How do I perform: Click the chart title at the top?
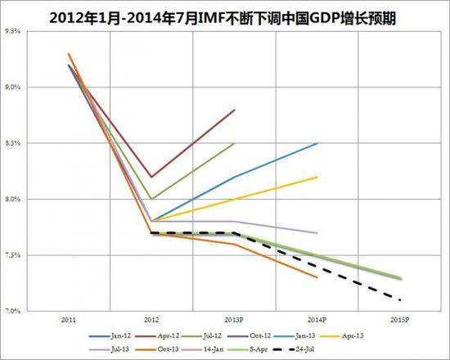tap(225, 16)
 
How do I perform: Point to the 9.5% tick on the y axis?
tap(13, 31)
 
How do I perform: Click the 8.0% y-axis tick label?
tap(13, 199)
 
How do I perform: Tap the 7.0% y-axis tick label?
tap(13, 311)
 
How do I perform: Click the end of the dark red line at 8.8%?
tap(235, 110)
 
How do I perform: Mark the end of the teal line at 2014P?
tap(317, 143)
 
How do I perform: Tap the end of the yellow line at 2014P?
tap(317, 177)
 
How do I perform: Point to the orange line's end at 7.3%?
tap(317, 277)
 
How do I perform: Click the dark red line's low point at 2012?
tap(151, 177)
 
